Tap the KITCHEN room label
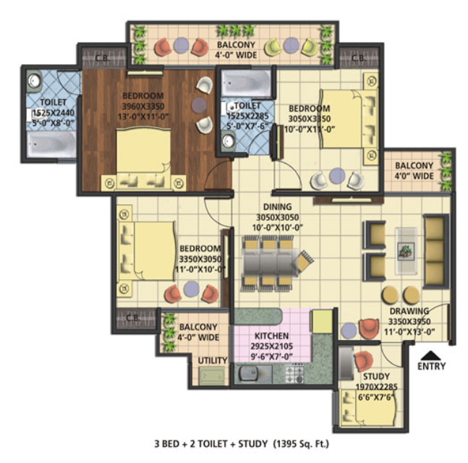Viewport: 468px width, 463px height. coord(271,336)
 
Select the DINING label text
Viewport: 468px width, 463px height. coord(277,207)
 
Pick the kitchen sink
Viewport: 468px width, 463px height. coord(249,373)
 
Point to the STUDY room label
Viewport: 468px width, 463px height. coord(376,376)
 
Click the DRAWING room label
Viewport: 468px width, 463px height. coord(409,311)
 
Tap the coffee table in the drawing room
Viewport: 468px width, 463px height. coord(406,251)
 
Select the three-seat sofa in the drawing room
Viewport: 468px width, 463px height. coord(435,251)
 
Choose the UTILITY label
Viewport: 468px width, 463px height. coord(213,360)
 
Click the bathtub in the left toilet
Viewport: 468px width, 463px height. coord(51,145)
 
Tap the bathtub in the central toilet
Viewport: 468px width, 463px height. coord(246,83)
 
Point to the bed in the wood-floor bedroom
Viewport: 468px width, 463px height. coord(143,159)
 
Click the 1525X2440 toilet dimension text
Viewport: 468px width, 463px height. coord(53,113)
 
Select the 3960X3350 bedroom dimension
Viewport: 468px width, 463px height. coord(143,106)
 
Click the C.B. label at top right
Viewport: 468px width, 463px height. coord(359,58)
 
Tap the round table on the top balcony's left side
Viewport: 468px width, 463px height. coord(181,45)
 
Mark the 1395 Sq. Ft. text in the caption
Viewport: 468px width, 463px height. coord(301,444)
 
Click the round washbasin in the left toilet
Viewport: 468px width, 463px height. coord(34,80)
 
